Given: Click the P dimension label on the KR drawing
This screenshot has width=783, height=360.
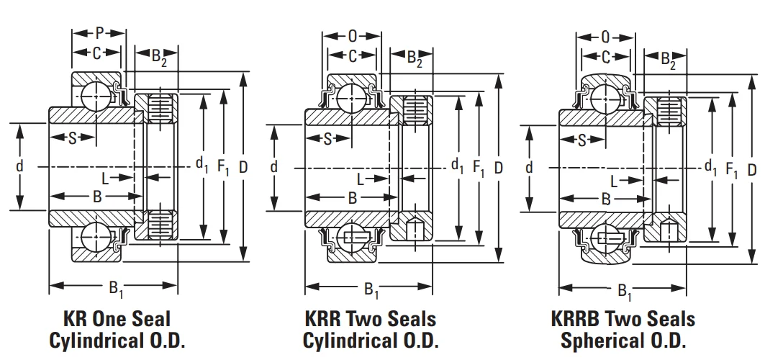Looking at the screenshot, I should pos(99,33).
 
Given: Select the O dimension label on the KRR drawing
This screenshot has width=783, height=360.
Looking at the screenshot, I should pos(352,35).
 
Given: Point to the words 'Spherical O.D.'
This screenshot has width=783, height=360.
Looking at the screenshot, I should pos(623,341).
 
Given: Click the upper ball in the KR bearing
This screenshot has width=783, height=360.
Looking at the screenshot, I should pos(96,94).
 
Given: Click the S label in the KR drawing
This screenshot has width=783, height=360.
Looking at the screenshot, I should pos(72,138).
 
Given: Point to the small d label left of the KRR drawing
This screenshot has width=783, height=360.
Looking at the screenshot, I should pos(274,167).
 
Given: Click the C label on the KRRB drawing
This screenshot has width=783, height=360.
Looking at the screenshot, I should pos(606,56).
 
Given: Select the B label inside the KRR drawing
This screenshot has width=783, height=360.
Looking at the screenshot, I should pos(352,197).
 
